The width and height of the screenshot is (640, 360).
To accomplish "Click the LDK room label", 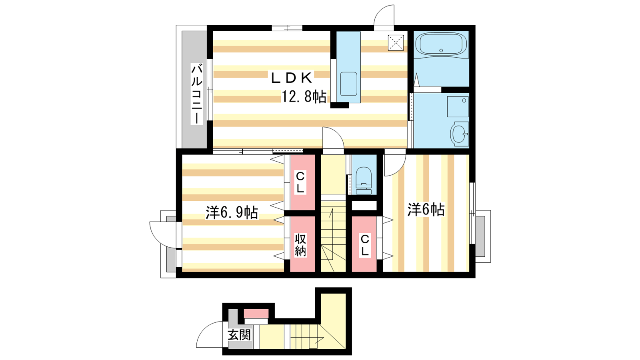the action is tap(291, 78).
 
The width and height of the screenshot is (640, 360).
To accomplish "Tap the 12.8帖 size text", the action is tap(304, 96).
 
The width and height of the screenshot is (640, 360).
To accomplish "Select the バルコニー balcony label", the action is tap(196, 94).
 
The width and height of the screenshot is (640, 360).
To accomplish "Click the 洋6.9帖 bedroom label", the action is tap(232, 212).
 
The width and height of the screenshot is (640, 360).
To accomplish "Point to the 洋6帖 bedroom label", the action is tap(426, 210).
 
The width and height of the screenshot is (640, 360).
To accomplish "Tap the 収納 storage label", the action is tap(300, 244).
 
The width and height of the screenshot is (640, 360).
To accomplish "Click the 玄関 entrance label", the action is tap(239, 334).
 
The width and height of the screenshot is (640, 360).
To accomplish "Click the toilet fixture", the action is tap(364, 180).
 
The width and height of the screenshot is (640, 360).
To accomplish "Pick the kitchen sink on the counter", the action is tap(349, 84).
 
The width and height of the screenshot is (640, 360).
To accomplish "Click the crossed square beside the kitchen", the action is tap(396, 43).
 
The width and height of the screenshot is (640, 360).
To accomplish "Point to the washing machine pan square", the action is tap(458, 106).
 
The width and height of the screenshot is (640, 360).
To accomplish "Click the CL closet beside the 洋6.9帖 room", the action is tap(302, 182).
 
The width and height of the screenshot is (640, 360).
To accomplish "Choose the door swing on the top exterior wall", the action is tap(384, 16).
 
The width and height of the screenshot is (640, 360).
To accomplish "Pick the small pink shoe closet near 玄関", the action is tap(256, 314).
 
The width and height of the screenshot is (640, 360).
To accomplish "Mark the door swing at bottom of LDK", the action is tap(333, 138).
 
